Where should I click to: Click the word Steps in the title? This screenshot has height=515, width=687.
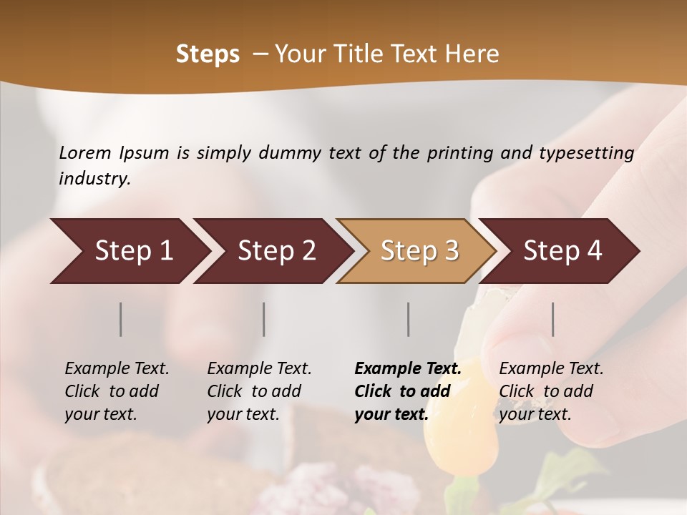(208, 54)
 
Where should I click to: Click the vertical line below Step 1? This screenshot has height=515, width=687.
(121, 319)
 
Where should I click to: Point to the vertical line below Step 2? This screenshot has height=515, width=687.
(264, 319)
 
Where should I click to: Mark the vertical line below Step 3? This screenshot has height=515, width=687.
(409, 319)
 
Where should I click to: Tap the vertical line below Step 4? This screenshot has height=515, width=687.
(553, 319)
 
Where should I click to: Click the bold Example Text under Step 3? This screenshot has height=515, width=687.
(408, 368)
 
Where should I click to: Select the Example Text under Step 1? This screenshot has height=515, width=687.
(117, 368)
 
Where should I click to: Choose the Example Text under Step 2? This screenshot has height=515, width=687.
(259, 368)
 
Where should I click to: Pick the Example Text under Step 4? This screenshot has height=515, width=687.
(551, 368)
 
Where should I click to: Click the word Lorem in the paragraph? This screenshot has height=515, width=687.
(85, 152)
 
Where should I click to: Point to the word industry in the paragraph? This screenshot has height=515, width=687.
(94, 178)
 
